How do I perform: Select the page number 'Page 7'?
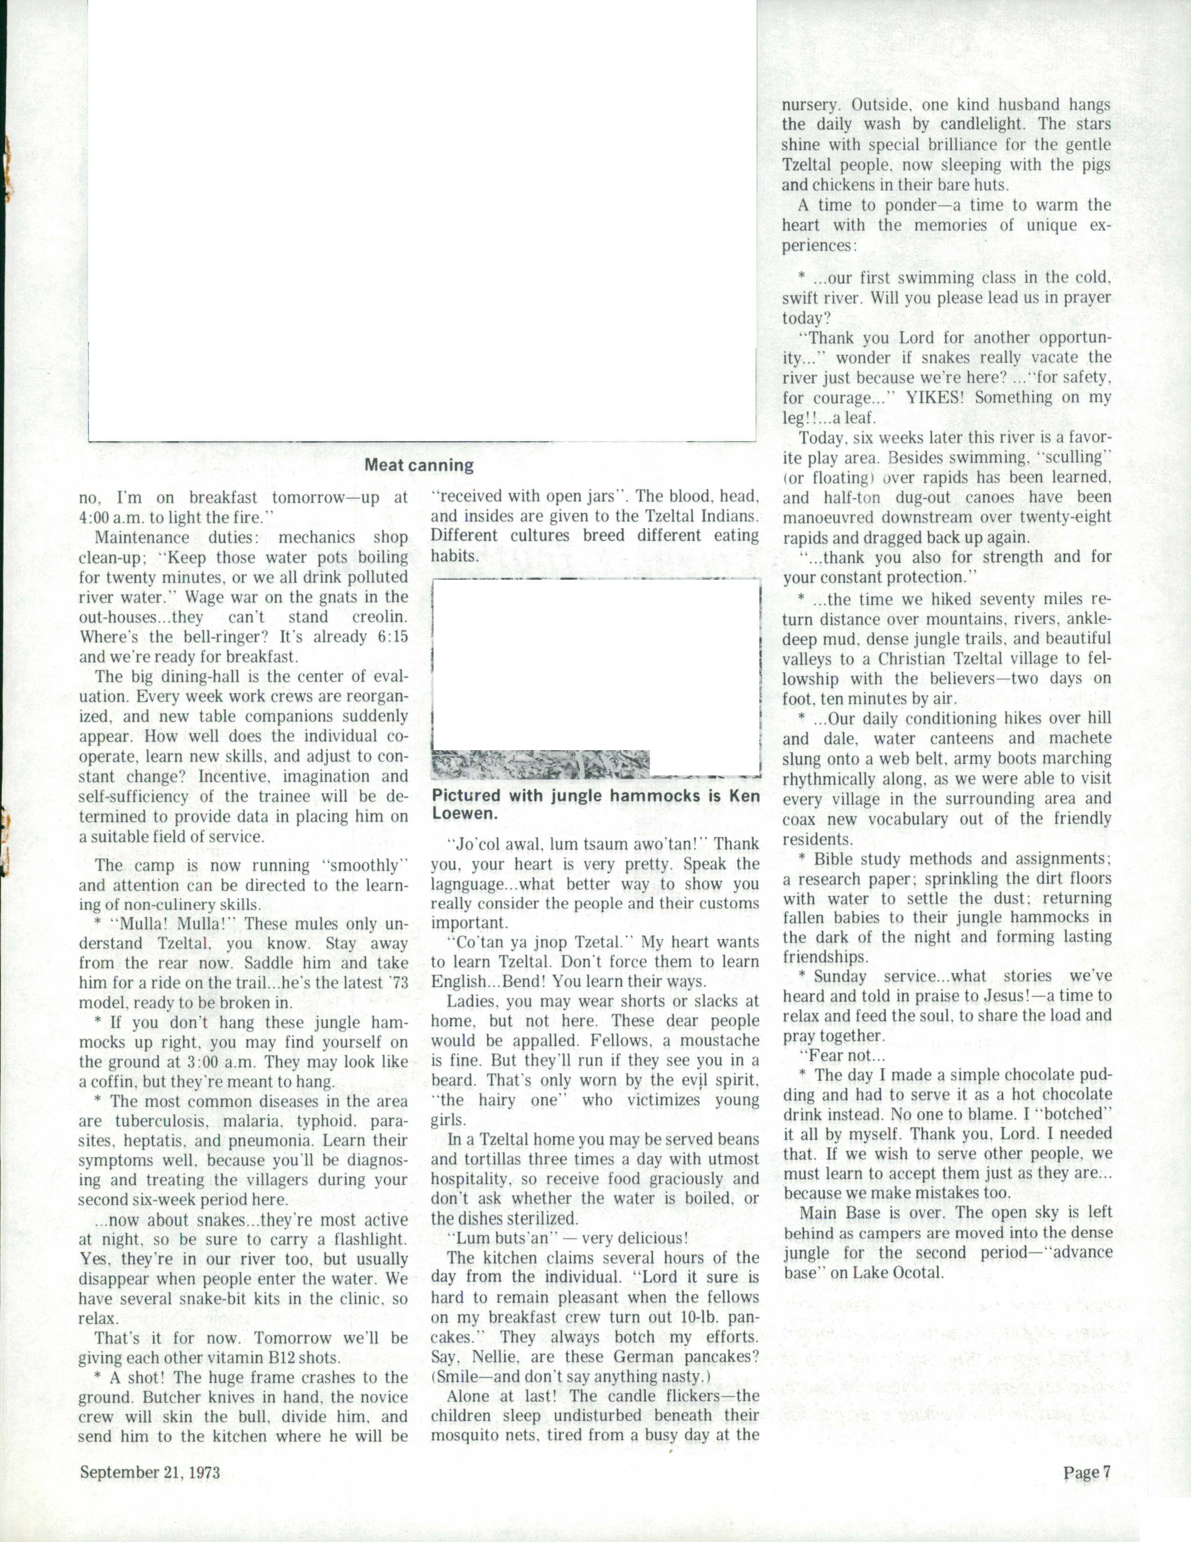(1087, 1472)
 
